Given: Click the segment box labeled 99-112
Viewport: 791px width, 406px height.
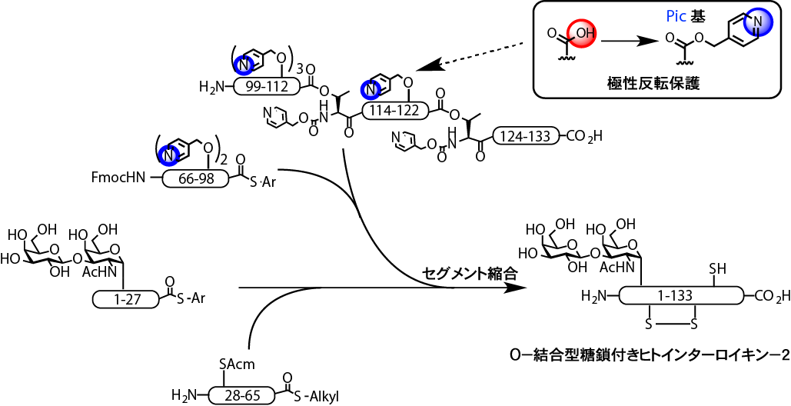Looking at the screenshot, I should (261, 87).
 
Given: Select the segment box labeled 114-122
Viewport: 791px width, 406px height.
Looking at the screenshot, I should (395, 109).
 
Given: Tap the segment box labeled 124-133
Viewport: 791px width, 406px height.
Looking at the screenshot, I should (526, 137).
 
